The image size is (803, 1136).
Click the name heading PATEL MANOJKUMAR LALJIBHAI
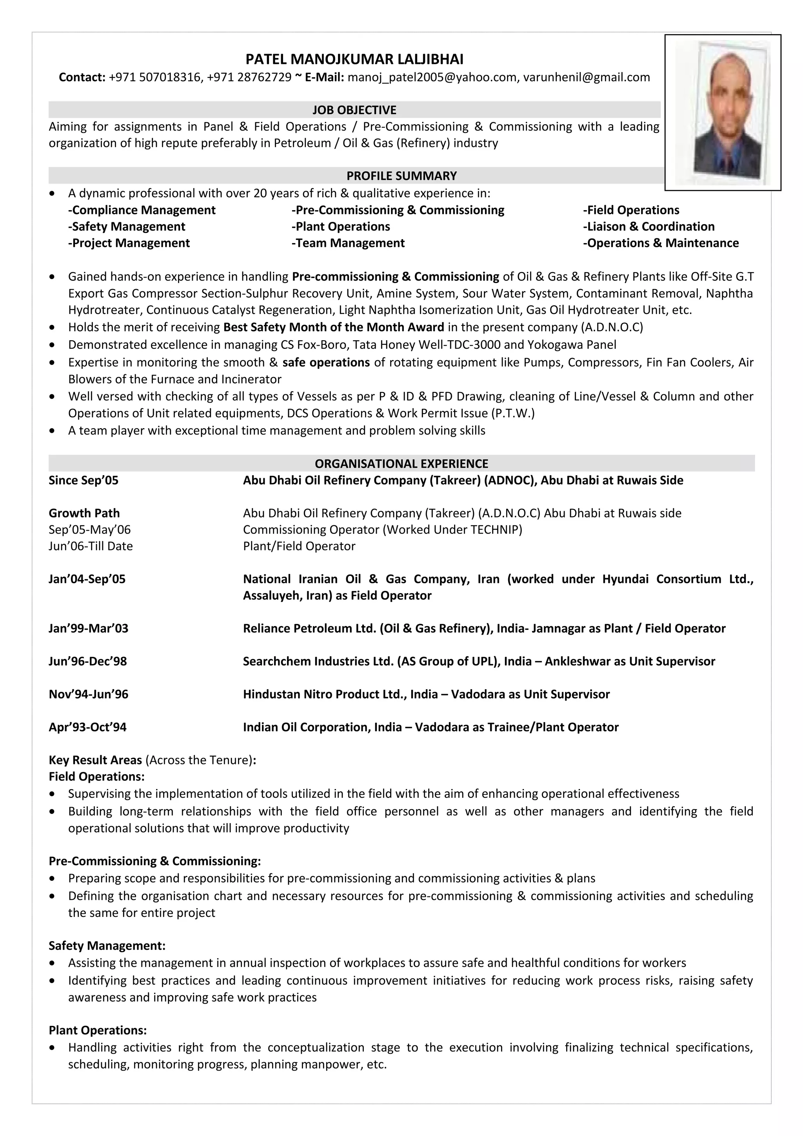(354, 60)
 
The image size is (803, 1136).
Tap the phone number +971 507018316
(155, 77)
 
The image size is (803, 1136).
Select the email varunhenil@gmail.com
(586, 77)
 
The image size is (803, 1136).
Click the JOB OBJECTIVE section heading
(354, 110)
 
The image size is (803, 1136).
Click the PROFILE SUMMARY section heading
(401, 176)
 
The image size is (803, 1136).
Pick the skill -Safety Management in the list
(127, 227)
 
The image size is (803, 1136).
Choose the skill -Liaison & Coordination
(649, 227)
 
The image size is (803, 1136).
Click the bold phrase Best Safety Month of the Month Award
(333, 327)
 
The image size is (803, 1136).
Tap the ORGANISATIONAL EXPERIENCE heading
(401, 464)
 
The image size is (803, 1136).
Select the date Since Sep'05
(84, 481)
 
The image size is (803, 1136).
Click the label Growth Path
(84, 513)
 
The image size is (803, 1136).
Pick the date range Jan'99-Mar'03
(89, 628)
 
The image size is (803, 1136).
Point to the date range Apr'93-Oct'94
(87, 727)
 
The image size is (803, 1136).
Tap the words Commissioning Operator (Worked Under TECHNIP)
(382, 530)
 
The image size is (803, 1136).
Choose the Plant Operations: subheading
(98, 1030)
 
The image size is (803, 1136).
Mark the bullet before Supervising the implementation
(53, 794)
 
